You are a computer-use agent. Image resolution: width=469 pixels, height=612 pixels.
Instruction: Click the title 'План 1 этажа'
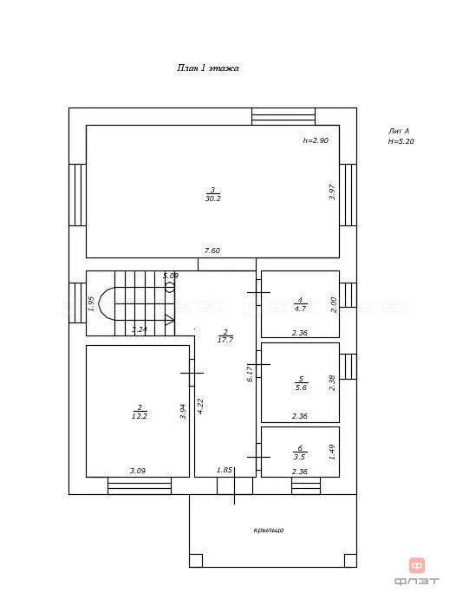(x=208, y=68)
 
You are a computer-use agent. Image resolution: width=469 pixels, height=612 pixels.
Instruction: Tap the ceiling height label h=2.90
(x=316, y=140)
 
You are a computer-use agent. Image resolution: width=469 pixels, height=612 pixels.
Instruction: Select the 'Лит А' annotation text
(x=399, y=131)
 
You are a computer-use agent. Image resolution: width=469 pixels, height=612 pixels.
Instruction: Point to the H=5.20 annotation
(x=401, y=141)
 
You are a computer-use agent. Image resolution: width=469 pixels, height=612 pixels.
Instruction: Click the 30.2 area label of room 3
(x=212, y=199)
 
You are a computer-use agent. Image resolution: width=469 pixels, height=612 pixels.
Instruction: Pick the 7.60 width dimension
(x=212, y=251)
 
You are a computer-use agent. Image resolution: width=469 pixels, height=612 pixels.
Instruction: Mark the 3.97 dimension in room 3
(x=332, y=192)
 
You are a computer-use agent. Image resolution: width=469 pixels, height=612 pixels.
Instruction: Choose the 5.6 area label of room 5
(x=300, y=388)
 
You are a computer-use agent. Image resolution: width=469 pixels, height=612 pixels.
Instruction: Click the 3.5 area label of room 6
(x=300, y=456)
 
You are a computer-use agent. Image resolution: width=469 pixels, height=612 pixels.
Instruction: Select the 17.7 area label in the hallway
(x=225, y=341)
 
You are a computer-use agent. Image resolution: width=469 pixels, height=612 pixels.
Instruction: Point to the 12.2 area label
(x=139, y=416)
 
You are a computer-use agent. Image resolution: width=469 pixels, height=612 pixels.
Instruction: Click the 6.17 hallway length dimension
(x=251, y=373)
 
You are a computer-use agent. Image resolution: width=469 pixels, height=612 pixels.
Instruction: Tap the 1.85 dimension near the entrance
(x=224, y=471)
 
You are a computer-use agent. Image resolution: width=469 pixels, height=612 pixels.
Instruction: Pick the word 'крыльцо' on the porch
(x=269, y=530)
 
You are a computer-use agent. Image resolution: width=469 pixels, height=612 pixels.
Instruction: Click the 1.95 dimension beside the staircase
(x=91, y=304)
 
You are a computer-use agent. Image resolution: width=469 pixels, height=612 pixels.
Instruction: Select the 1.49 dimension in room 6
(x=332, y=452)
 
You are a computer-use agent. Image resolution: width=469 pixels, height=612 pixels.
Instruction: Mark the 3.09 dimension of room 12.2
(x=137, y=471)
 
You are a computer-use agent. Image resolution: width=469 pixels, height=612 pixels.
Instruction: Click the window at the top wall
(x=283, y=116)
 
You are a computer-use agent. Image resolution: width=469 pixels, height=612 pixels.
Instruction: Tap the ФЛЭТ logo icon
(x=417, y=566)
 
